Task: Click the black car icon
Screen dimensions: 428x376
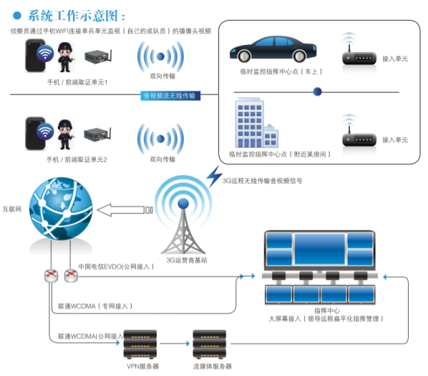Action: [273, 49]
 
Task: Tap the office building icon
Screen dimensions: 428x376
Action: [256, 123]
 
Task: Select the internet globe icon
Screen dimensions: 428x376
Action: [61, 209]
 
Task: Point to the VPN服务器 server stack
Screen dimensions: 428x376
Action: [140, 345]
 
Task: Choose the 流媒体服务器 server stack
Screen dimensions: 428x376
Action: [210, 345]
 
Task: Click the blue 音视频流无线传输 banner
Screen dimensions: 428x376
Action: [170, 96]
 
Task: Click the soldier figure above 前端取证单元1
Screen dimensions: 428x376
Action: [66, 57]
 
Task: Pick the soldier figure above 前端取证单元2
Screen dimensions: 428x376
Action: [66, 134]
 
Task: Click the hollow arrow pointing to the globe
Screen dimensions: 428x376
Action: [125, 210]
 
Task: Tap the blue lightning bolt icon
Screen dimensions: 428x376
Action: [214, 176]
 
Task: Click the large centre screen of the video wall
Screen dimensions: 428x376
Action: [320, 249]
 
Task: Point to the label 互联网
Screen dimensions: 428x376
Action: [12, 209]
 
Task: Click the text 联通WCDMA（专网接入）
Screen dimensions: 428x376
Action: [95, 306]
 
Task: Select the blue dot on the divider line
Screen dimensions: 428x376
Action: [317, 92]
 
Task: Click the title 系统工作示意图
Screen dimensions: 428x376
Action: [73, 16]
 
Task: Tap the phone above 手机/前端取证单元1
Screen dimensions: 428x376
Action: [36, 56]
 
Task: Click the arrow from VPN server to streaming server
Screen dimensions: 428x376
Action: [175, 344]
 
